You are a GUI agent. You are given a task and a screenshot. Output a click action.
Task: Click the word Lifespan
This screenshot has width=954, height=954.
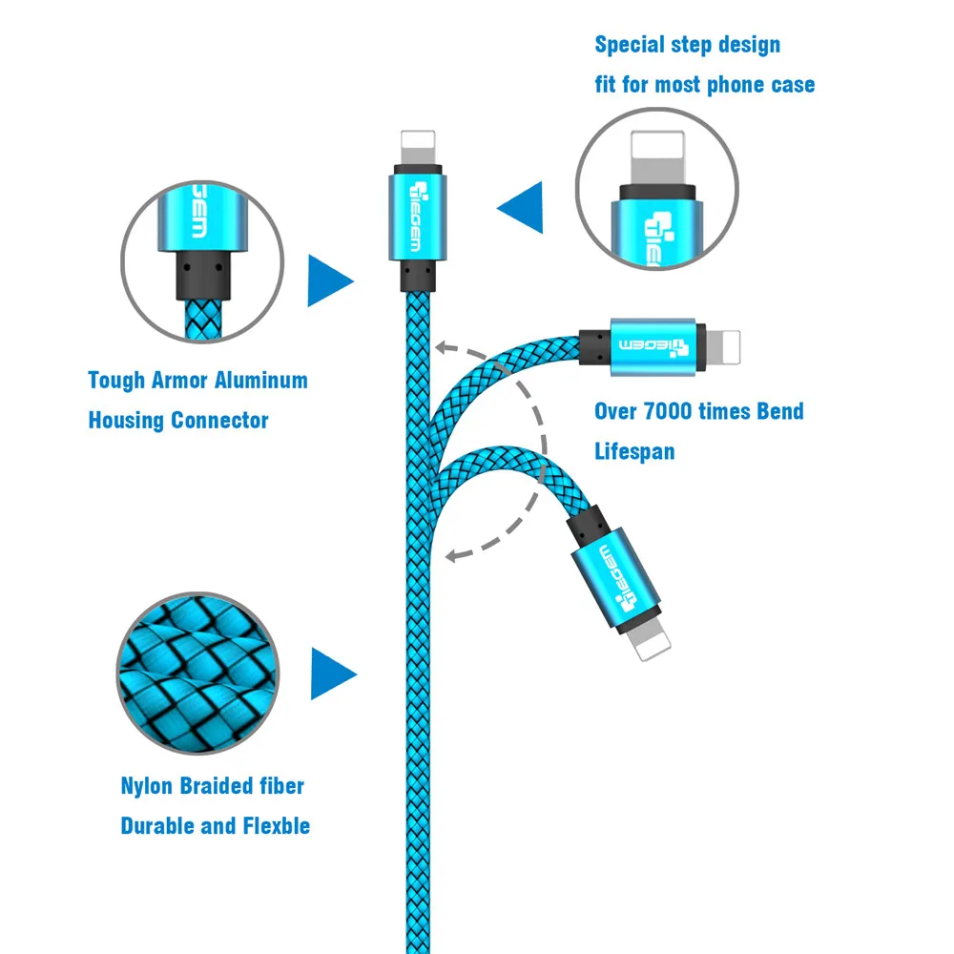point(634,451)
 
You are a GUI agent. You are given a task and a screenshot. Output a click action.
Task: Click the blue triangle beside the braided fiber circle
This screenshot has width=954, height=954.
point(332,674)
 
